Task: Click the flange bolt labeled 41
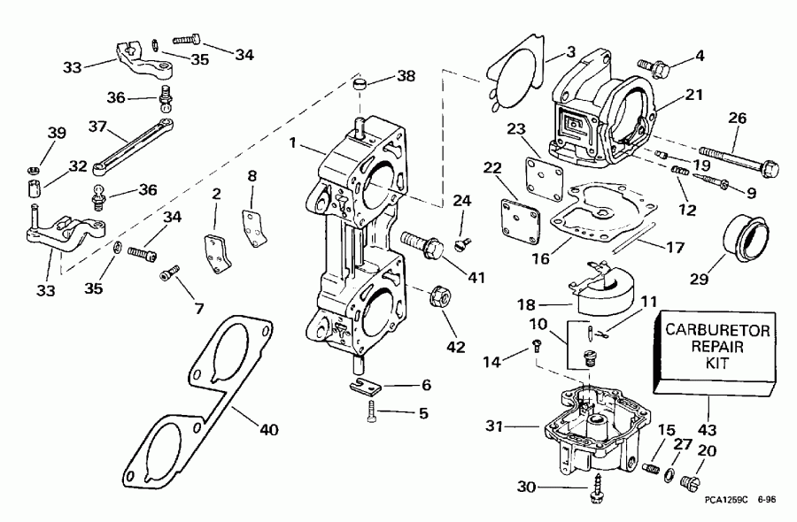[x=422, y=242]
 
